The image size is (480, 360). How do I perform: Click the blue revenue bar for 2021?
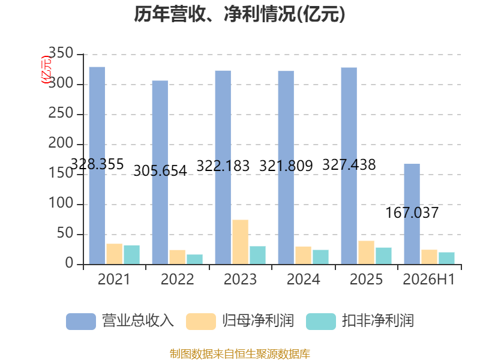click(97, 166)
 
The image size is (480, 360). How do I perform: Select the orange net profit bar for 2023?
click(241, 242)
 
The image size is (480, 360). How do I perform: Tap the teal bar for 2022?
click(194, 259)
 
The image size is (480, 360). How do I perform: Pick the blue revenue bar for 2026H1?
click(412, 214)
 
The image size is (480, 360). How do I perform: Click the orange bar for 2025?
click(367, 253)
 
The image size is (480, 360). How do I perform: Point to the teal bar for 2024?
click(320, 257)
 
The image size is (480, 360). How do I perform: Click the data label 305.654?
click(160, 171)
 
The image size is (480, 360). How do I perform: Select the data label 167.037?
click(412, 213)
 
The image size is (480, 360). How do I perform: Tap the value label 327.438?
click(349, 164)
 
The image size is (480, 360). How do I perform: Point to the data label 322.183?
click(223, 166)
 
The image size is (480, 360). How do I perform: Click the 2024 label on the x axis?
click(304, 279)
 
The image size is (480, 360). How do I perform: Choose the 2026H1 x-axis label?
click(429, 279)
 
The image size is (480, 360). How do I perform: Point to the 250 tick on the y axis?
click(61, 113)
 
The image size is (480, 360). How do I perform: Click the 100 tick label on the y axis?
click(61, 203)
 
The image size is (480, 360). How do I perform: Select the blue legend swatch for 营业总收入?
click(81, 322)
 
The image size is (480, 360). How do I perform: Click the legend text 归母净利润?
click(258, 321)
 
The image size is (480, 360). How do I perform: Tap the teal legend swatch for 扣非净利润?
click(321, 322)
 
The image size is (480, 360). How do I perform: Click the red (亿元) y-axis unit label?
click(46, 70)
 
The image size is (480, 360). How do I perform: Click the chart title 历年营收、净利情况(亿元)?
click(239, 14)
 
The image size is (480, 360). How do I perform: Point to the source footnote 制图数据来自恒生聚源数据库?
click(240, 354)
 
